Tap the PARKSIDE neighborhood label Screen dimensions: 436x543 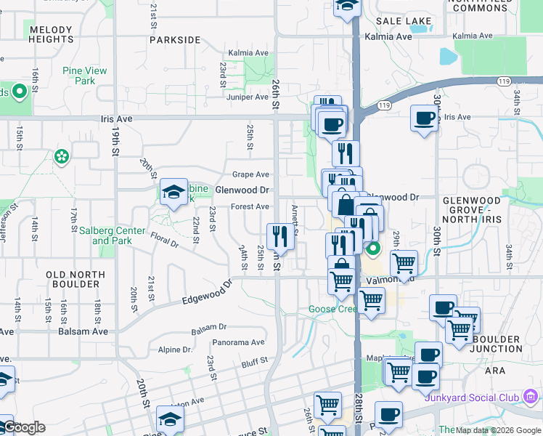pos(174,40)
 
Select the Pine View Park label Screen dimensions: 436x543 pos(84,76)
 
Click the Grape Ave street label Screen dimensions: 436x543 pos(250,174)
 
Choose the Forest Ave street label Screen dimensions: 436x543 pos(250,206)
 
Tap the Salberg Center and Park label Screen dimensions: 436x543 pos(112,235)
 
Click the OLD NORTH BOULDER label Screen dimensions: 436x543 pos(75,279)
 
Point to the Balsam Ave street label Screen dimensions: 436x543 pos(89,331)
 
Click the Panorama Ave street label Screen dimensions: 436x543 pos(238,342)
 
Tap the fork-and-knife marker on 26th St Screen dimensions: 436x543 pos(279,235)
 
